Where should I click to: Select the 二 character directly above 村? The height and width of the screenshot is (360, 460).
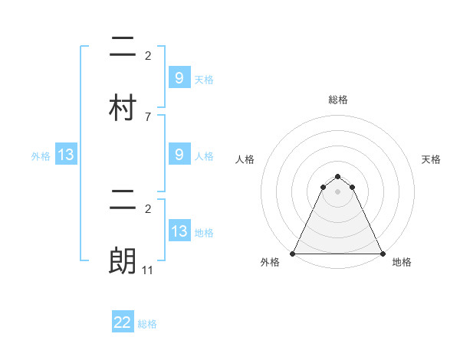click(x=123, y=47)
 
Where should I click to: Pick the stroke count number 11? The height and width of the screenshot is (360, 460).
click(x=148, y=270)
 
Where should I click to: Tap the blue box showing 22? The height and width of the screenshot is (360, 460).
click(x=123, y=322)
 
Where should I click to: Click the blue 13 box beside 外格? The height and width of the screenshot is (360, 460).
click(x=66, y=155)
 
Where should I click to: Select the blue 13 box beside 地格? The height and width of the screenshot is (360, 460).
click(x=179, y=231)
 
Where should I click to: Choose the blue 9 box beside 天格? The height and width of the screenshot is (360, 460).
click(x=179, y=77)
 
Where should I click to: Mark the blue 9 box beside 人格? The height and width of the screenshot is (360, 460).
click(x=179, y=155)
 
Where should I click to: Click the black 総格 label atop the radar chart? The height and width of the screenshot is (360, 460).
click(x=338, y=100)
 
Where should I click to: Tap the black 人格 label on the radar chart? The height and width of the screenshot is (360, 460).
click(x=245, y=159)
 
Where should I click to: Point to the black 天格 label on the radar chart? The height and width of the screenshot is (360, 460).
click(x=432, y=159)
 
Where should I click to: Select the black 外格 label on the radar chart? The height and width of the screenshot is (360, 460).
click(x=269, y=262)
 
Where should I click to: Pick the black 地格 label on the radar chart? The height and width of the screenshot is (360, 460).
click(x=402, y=262)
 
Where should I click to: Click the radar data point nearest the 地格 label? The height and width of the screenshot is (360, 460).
click(x=382, y=253)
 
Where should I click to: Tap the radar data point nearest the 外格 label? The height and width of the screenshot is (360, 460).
click(x=293, y=253)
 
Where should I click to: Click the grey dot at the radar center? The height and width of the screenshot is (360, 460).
click(x=338, y=191)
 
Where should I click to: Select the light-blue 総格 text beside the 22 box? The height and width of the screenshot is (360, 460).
click(x=147, y=324)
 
